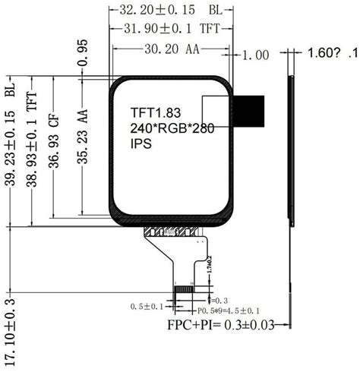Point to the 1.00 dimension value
click(256, 55)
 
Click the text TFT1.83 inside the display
click(156, 113)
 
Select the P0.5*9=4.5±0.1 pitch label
click(229, 311)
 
